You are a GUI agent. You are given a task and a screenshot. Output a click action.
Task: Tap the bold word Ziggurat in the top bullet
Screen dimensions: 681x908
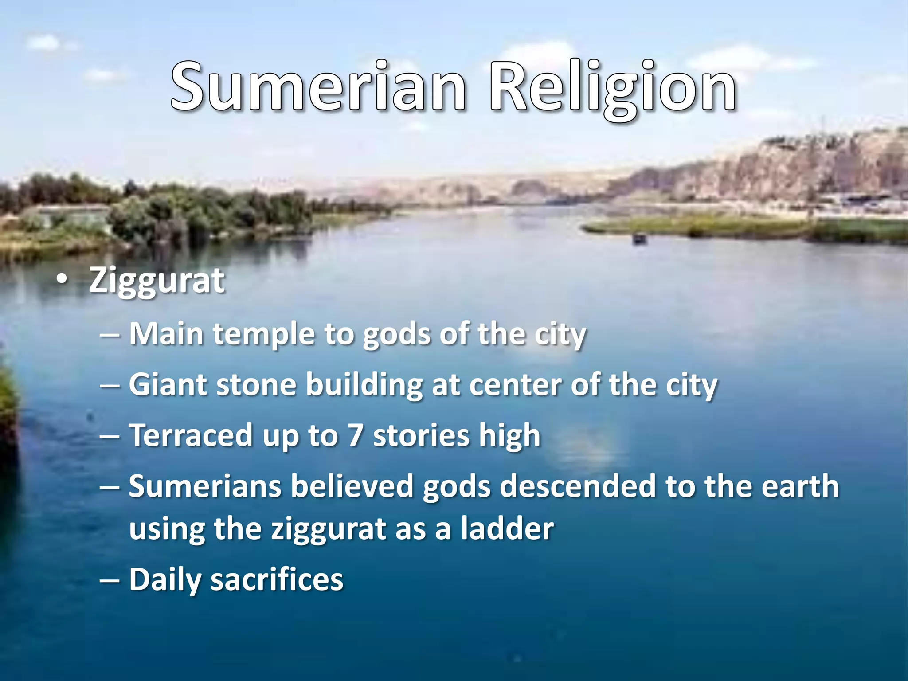click(x=157, y=281)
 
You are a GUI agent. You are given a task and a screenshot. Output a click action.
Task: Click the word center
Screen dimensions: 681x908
click(x=516, y=385)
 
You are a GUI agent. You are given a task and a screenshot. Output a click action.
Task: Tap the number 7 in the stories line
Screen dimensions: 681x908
click(x=355, y=435)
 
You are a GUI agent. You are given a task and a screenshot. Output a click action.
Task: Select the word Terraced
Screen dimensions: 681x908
click(x=191, y=435)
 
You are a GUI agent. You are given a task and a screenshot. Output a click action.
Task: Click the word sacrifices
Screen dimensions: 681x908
click(x=277, y=580)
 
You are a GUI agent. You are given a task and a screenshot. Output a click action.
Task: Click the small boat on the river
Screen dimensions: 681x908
click(x=639, y=239)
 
